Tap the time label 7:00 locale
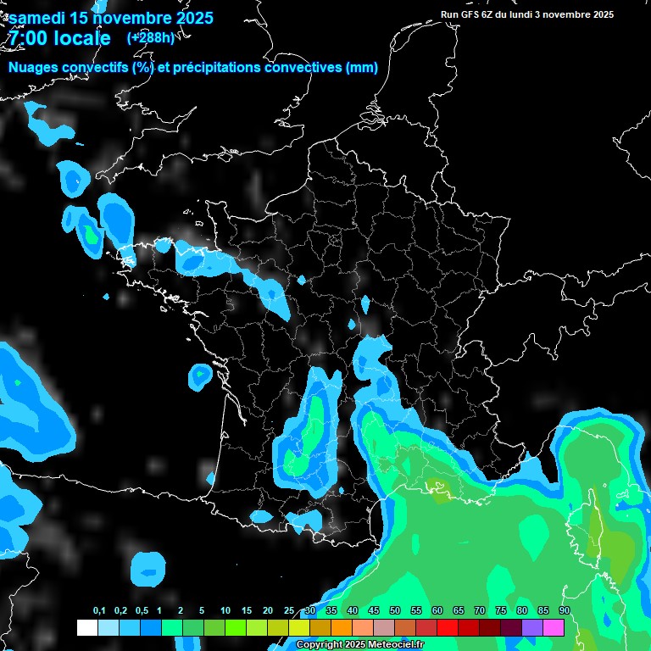click(59, 38)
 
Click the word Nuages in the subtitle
click(36, 68)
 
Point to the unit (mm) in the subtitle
click(362, 68)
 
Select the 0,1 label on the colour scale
click(99, 611)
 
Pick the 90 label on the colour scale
click(565, 611)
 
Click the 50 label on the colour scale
click(395, 611)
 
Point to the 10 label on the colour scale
click(225, 611)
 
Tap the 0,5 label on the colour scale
click(141, 611)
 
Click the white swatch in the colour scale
click(87, 627)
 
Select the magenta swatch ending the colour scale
click(554, 627)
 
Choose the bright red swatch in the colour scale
click(448, 627)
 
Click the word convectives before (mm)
click(303, 68)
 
